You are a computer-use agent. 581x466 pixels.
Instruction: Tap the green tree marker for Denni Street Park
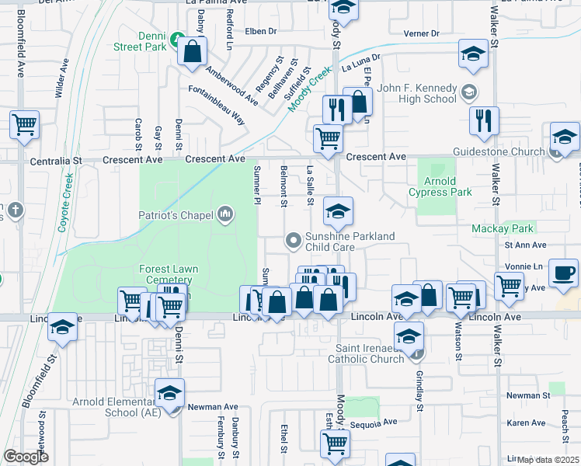[177, 37]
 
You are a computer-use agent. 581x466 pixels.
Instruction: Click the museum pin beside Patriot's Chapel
[226, 214]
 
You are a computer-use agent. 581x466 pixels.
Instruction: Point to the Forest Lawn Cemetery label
[169, 275]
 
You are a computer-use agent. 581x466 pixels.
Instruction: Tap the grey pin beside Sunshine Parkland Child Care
[294, 241]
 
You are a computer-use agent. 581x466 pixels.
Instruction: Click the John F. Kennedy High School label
[417, 93]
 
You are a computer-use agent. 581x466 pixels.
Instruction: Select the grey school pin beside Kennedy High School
[469, 93]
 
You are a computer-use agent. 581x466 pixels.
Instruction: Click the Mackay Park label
[503, 228]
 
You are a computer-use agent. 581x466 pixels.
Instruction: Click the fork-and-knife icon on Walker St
[484, 120]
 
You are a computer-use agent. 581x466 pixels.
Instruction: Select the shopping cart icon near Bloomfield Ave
[25, 123]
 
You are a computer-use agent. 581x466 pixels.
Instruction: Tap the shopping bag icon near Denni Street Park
[192, 52]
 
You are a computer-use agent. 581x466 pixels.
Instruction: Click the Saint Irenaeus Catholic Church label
[370, 353]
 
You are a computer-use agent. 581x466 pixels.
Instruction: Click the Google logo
[26, 457]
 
